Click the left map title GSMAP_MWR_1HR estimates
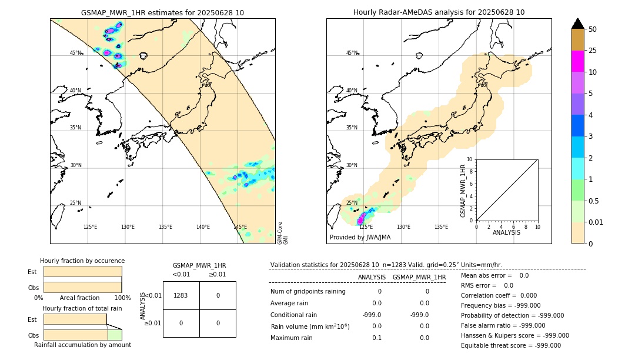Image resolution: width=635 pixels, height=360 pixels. [162, 12]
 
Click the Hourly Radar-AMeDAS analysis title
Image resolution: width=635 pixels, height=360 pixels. [439, 12]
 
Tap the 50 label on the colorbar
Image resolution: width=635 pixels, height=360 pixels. [593, 29]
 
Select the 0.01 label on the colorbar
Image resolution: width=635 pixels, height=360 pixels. [596, 222]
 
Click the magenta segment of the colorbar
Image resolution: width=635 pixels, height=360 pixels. [578, 61]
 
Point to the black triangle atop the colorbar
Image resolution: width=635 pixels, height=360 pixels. [578, 24]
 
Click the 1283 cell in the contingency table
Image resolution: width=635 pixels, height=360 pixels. [181, 295]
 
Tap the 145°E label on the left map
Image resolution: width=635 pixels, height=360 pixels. [240, 227]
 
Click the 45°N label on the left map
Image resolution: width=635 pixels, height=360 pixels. [76, 53]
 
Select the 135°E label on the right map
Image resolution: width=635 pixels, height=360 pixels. [441, 227]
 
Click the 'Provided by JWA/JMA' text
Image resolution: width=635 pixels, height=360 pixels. [360, 238]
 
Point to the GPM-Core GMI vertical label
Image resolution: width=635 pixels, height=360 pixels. [283, 233]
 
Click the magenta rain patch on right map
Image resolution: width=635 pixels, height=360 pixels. [361, 219]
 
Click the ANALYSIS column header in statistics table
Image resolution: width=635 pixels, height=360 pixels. [372, 277]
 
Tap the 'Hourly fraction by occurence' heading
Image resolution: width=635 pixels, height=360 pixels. [82, 261]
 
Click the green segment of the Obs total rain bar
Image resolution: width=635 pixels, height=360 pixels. [115, 335]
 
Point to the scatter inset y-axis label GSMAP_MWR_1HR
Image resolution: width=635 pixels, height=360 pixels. [463, 191]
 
